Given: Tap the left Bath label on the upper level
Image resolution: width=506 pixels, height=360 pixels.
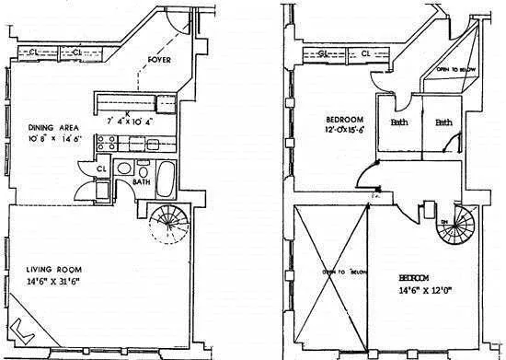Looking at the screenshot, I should point(398,122).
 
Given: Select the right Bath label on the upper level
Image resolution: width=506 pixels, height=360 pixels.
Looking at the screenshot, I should point(443,122).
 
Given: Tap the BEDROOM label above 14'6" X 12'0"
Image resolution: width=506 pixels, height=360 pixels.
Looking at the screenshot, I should point(417,277).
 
